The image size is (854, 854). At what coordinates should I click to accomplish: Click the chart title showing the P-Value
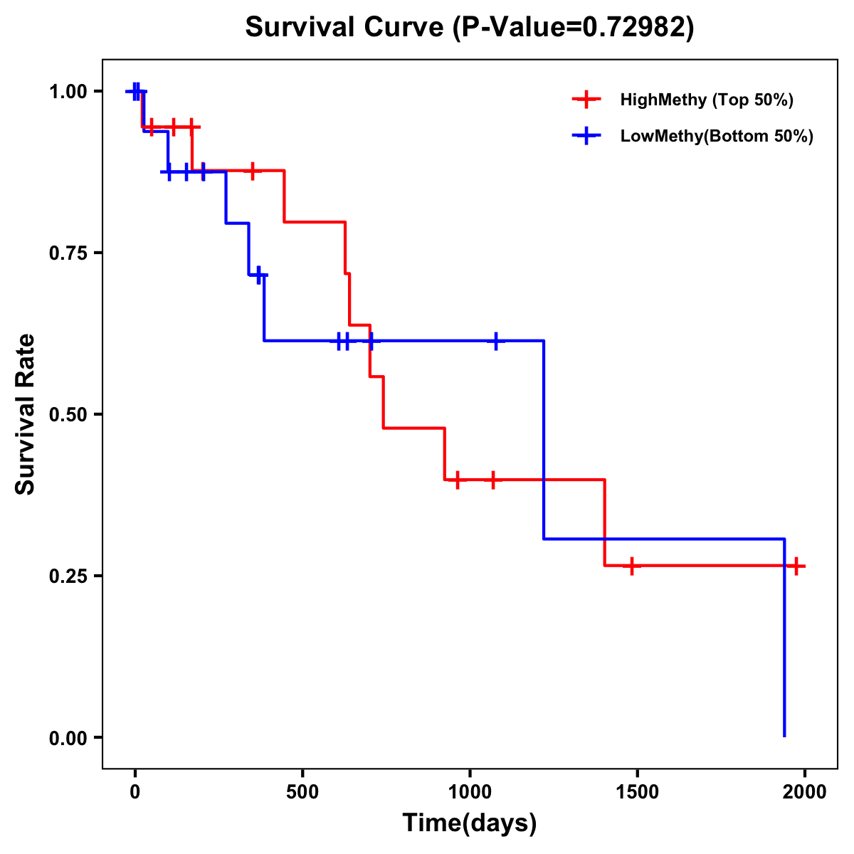(470, 27)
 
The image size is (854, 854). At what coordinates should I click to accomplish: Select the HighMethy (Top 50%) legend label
(707, 100)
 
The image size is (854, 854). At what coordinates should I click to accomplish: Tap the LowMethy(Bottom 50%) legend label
(717, 136)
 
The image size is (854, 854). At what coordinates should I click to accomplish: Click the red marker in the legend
(586, 100)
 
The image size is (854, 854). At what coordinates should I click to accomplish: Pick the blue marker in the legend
(586, 136)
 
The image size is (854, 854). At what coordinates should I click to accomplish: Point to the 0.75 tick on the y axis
(68, 253)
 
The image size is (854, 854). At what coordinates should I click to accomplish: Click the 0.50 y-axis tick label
(68, 415)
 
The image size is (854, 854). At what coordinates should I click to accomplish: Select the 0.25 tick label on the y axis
(68, 576)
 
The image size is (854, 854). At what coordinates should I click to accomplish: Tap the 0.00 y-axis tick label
(68, 738)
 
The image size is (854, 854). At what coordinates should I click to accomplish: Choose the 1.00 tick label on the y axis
(68, 92)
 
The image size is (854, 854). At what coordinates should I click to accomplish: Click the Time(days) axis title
(470, 823)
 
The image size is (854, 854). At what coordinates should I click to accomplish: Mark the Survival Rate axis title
(26, 414)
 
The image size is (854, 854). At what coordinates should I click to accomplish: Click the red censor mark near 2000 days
(796, 566)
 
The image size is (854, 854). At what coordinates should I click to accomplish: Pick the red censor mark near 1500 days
(631, 566)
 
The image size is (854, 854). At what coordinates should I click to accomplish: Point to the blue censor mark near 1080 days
(496, 341)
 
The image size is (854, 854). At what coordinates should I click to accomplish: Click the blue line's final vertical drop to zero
(784, 640)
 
